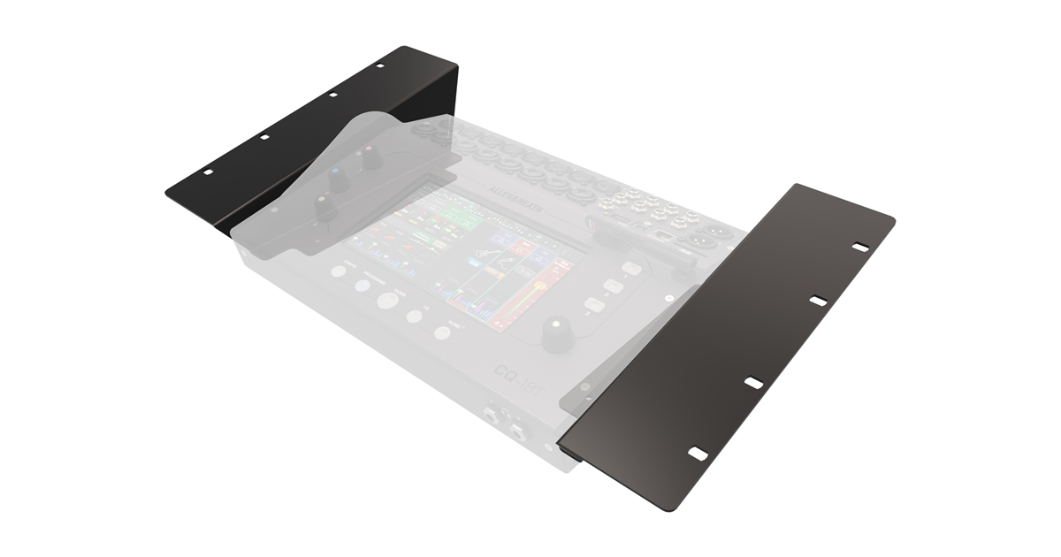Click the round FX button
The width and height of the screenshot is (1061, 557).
pyautogui.click(x=414, y=317)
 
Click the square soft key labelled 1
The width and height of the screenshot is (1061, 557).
pyautogui.click(x=631, y=269)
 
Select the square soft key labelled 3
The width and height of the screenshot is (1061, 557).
pyautogui.click(x=594, y=304)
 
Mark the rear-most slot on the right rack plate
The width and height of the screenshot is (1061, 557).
pyautogui.click(x=859, y=247)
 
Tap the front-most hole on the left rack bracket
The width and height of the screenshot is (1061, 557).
pyautogui.click(x=208, y=172)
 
